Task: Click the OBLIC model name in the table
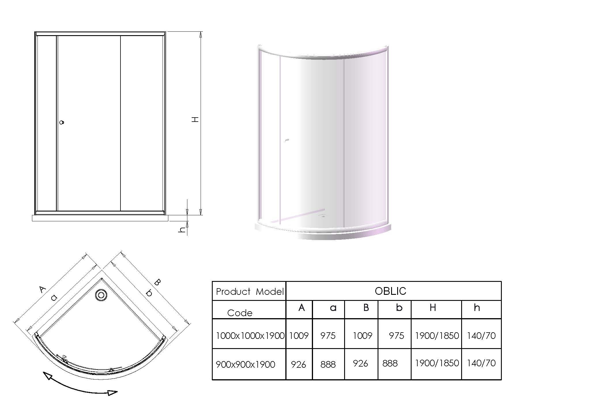point(390,291)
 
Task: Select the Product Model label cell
point(250,292)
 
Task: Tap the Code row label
point(240,313)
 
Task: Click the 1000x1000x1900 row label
point(250,336)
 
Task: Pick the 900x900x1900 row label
point(245,365)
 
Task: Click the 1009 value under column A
point(299,336)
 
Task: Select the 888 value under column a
point(328,365)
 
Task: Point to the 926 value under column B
point(360,363)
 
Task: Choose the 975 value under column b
point(396,336)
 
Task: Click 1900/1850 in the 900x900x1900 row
point(437,363)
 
